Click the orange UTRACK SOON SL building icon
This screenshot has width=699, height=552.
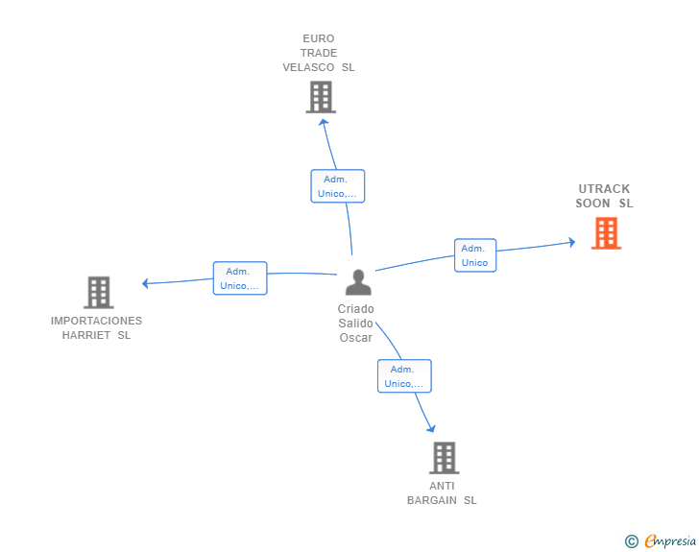pos(606,233)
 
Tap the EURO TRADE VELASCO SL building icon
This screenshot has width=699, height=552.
pos(321,97)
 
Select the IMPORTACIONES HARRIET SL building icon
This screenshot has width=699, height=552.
pos(98,292)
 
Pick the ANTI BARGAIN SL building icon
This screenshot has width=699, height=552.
pos(444,458)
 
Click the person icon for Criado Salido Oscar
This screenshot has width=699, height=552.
pos(358,282)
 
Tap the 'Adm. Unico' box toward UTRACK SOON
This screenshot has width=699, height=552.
pos(474,255)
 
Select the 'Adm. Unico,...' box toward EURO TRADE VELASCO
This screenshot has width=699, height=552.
pos(337,186)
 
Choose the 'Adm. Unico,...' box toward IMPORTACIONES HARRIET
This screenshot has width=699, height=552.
pos(239,278)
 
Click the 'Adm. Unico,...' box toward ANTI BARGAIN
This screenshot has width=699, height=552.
pos(404,376)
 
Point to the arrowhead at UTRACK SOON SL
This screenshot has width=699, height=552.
pos(571,242)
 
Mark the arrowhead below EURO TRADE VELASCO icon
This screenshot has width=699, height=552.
pos(324,120)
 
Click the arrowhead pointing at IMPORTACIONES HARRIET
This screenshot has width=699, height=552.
pos(145,283)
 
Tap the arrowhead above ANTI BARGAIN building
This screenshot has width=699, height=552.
pos(431,428)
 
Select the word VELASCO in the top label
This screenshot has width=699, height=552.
pos(309,68)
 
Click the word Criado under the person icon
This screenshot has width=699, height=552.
pos(355,309)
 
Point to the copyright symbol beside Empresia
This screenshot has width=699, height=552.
pos(631,541)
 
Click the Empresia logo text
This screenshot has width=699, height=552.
pos(670,541)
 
